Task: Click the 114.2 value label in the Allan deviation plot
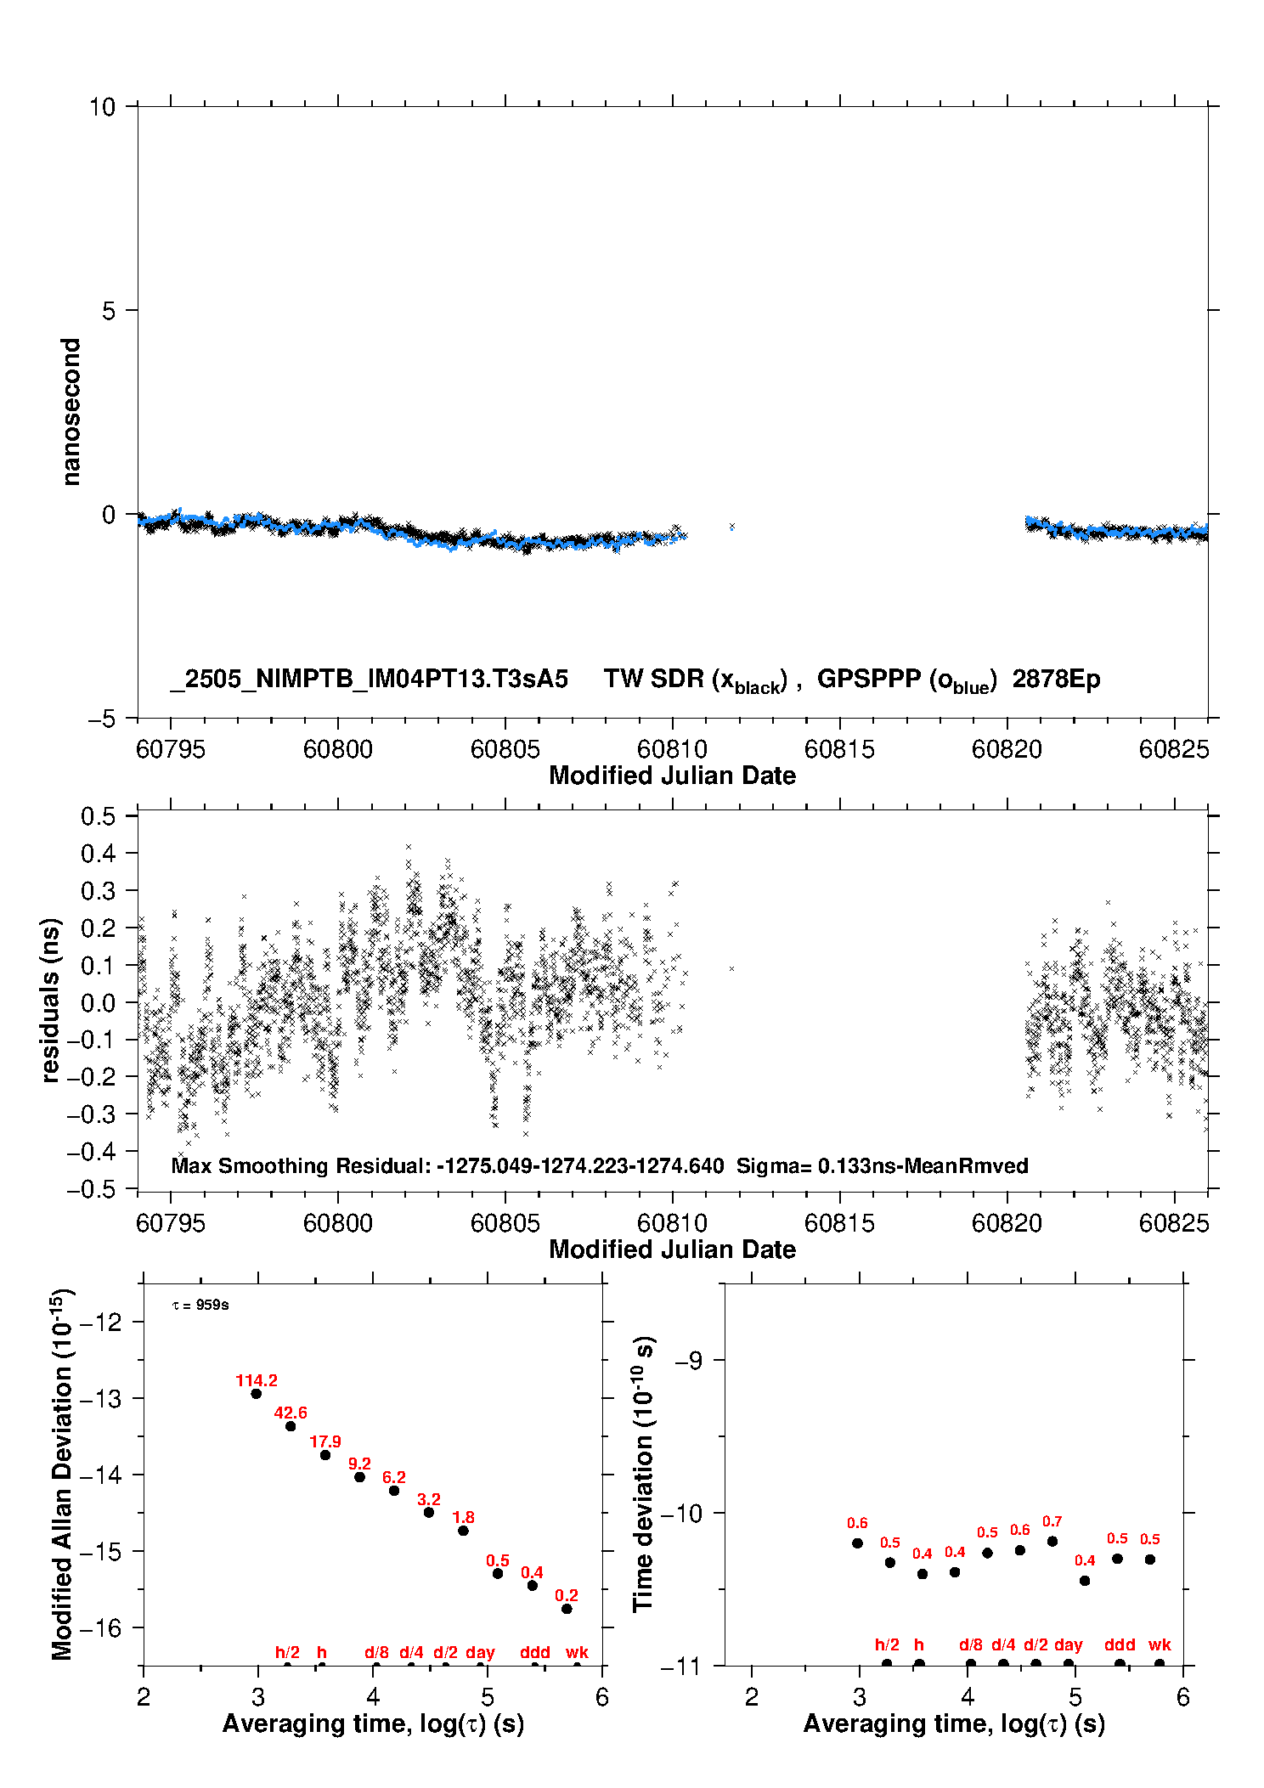coord(257,1381)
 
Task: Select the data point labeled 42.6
coord(291,1426)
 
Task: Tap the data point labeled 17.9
coord(325,1455)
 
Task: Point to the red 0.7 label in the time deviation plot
coord(1052,1521)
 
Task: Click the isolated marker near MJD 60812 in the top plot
coord(731,527)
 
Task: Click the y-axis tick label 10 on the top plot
coord(102,107)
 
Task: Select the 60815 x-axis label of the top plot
coord(839,749)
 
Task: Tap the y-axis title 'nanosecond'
coord(71,412)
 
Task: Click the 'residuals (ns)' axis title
coord(51,1001)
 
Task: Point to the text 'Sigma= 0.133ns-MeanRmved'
coord(882,1166)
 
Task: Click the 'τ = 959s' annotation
coord(200,1305)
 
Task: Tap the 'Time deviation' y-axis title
coord(643,1475)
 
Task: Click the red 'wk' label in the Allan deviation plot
coord(577,1652)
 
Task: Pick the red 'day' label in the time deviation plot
coord(1068,1645)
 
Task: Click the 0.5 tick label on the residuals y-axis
coord(98,816)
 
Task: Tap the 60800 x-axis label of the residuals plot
coord(338,1223)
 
